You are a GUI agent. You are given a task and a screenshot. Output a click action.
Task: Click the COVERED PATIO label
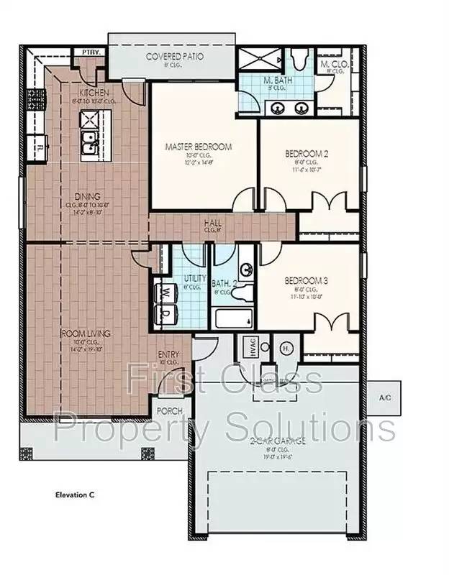point(175,56)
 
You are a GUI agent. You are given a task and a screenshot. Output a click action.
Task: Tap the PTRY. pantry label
point(90,52)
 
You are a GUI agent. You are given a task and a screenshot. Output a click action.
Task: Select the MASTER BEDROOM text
point(199,147)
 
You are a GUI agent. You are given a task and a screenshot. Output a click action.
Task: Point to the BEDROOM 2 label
point(307,153)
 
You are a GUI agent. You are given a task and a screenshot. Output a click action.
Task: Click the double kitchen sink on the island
point(90,143)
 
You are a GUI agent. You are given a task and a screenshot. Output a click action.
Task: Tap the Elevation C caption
point(75,494)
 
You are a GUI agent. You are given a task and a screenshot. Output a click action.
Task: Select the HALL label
point(212,224)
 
